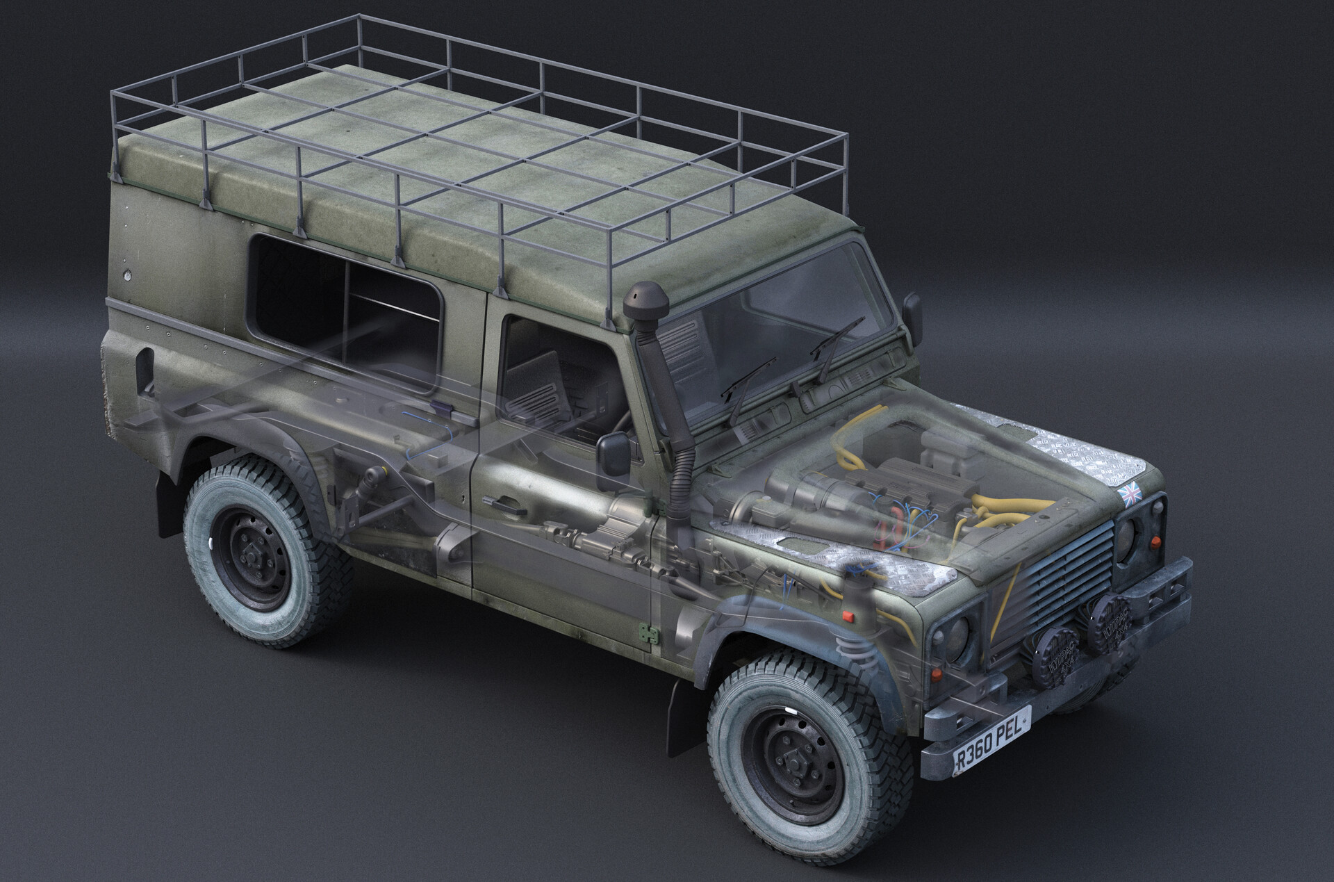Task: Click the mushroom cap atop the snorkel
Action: tap(646, 300)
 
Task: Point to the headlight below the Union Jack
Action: tap(1130, 534)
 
